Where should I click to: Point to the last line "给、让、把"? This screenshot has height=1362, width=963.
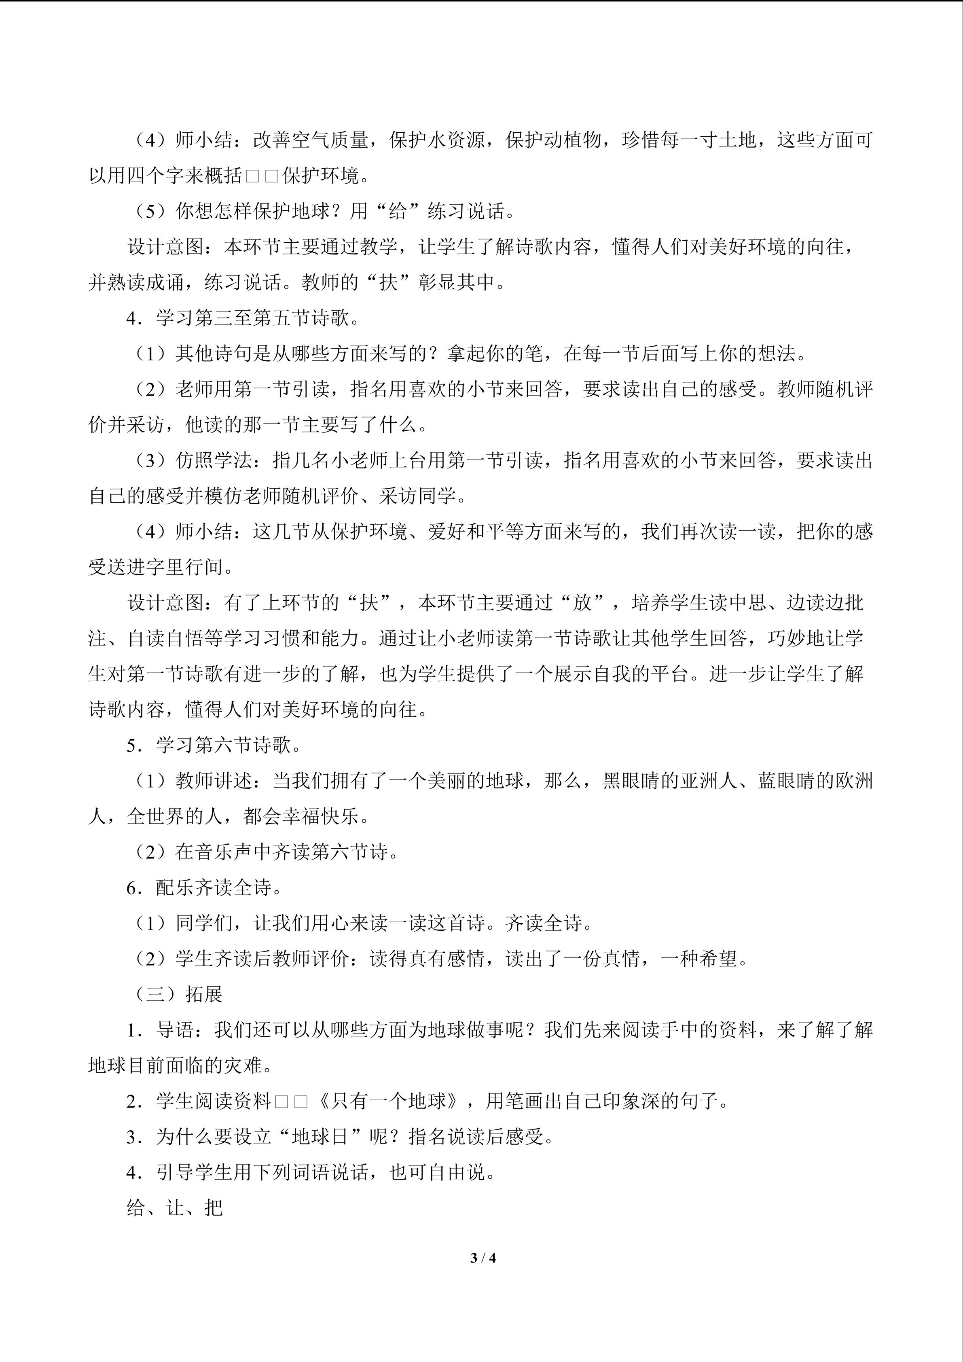175,1208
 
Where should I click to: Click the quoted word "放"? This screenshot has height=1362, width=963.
582,603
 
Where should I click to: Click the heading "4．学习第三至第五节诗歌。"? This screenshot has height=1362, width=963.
243,318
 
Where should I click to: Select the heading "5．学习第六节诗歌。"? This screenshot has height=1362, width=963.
214,746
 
